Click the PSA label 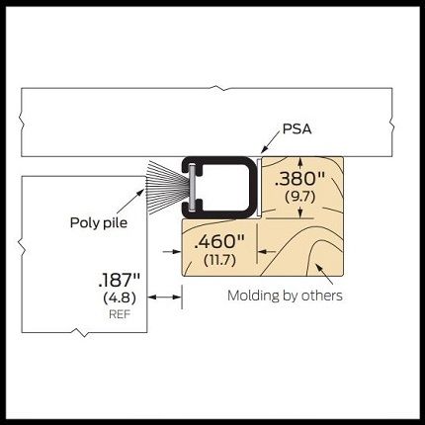tap(297, 128)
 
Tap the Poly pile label tap(99, 223)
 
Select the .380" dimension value tap(299, 179)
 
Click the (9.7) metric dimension tap(300, 197)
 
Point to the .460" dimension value tap(219, 242)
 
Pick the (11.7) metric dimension tap(219, 260)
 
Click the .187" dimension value tap(120, 281)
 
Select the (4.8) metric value tap(120, 298)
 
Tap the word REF tap(120, 314)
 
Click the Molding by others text tap(285, 296)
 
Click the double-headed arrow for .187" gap tap(165, 297)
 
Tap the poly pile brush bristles tap(167, 188)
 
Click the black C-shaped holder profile tap(219, 187)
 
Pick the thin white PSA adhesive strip tap(259, 187)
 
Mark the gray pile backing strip tap(193, 187)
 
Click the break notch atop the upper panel tap(215, 88)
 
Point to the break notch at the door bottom tap(81, 333)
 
